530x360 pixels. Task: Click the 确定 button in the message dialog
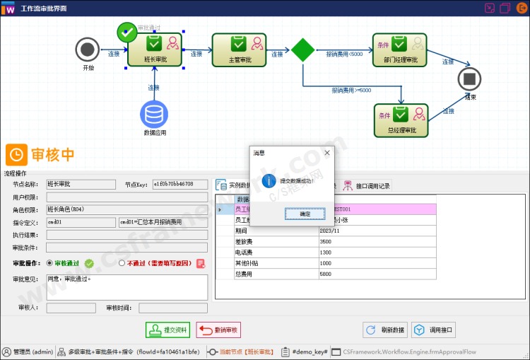(305, 213)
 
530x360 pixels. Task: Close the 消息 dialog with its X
(327, 152)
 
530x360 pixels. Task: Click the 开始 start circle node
(88, 50)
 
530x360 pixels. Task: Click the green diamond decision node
(303, 50)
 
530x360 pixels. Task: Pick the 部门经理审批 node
(401, 49)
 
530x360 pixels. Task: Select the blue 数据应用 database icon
(154, 114)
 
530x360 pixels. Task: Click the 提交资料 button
(168, 330)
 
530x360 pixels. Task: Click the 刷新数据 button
(385, 330)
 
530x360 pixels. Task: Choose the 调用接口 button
(435, 330)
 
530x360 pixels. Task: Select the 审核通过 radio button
(49, 263)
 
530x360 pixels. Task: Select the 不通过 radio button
(122, 263)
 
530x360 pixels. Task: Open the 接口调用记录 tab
(367, 186)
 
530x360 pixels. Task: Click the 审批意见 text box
(126, 286)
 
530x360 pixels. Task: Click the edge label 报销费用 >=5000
(351, 91)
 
